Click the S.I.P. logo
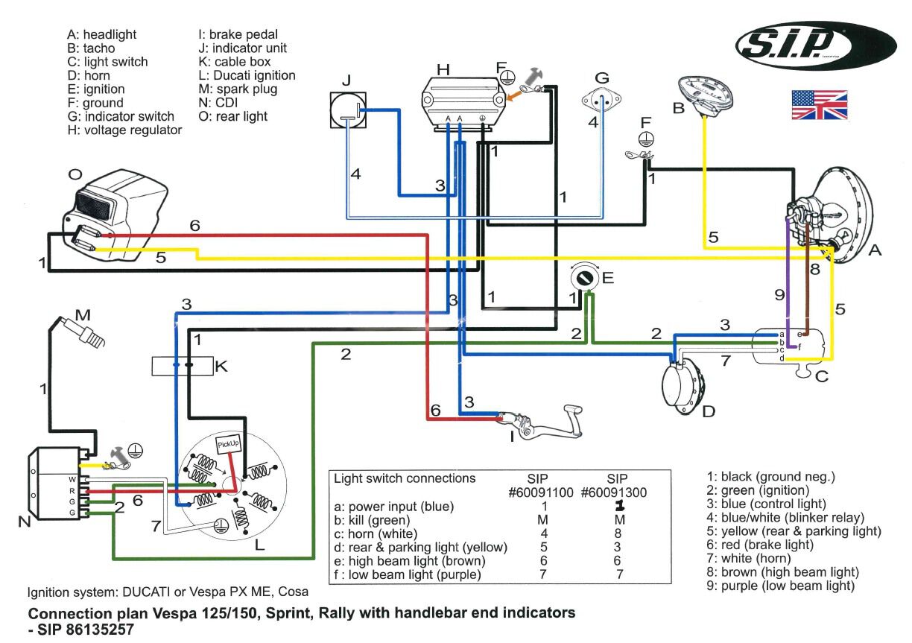(x=816, y=46)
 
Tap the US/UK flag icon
(x=820, y=104)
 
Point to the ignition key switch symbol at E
(x=585, y=278)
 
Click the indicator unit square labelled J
(x=348, y=110)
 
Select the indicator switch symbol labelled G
(x=601, y=100)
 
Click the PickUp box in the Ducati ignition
(x=228, y=444)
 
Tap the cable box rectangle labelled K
(x=183, y=366)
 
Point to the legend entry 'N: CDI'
(x=218, y=102)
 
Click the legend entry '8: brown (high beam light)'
(x=783, y=571)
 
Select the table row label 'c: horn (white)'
(x=376, y=533)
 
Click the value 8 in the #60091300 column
(x=618, y=533)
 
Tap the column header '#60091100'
(x=541, y=492)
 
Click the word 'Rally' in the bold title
(x=352, y=613)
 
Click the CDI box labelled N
(x=60, y=484)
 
